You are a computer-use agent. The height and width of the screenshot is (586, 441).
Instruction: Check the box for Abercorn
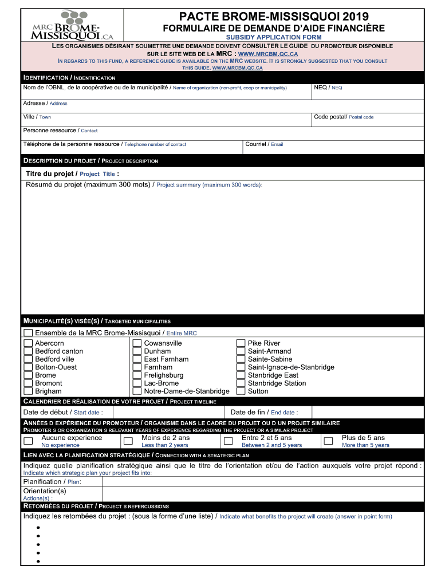28,343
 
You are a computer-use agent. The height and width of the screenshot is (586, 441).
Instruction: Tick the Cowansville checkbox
137,343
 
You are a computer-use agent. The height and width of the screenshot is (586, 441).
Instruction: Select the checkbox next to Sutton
241,391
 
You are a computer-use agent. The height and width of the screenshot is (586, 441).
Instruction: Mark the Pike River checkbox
241,343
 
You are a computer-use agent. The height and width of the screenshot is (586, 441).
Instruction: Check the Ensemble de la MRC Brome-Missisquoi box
28,333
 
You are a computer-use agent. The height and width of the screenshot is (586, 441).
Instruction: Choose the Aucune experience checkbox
28,441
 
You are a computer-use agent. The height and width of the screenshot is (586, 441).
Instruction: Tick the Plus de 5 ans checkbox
328,441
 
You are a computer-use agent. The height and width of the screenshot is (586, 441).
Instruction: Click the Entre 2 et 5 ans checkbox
228,441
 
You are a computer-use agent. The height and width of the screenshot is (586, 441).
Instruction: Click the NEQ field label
328,88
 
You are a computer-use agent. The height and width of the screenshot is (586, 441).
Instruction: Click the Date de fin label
263,412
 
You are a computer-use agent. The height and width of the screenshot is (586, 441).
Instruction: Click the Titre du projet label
72,173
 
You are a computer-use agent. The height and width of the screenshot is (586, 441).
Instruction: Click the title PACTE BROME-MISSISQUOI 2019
274,17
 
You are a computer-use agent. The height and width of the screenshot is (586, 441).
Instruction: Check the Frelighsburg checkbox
137,375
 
